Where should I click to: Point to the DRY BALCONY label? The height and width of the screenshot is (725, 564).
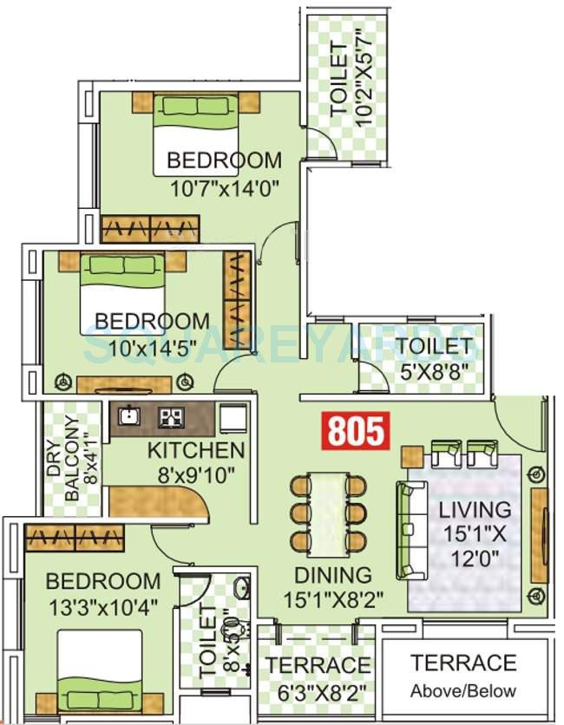(65, 468)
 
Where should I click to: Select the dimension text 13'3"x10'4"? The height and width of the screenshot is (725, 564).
(102, 607)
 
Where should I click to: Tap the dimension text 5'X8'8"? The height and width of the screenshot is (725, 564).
(434, 371)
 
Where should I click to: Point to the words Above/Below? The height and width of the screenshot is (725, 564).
(463, 691)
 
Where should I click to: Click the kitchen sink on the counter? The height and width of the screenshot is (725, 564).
(129, 416)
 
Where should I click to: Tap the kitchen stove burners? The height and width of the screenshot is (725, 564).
(171, 417)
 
